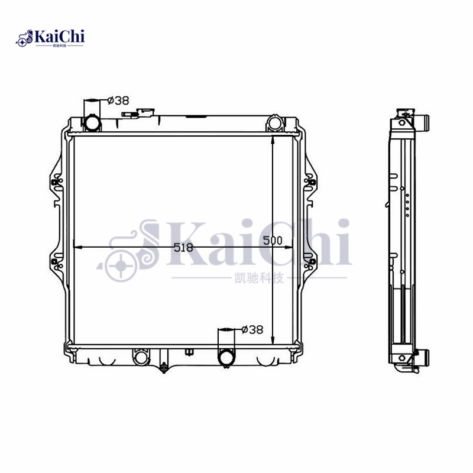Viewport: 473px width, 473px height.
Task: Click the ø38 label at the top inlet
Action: coord(118,101)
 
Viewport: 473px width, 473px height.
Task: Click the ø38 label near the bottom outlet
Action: coord(252,330)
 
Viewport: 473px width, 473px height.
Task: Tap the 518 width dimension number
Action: coord(183,248)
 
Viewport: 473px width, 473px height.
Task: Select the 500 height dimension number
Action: coord(273,241)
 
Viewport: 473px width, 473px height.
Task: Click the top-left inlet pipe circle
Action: coord(92,123)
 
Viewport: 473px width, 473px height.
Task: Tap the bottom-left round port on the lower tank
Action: coord(140,358)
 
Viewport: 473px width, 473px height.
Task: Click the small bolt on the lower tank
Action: coord(190,354)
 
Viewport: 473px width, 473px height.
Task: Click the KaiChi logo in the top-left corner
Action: coord(50,38)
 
